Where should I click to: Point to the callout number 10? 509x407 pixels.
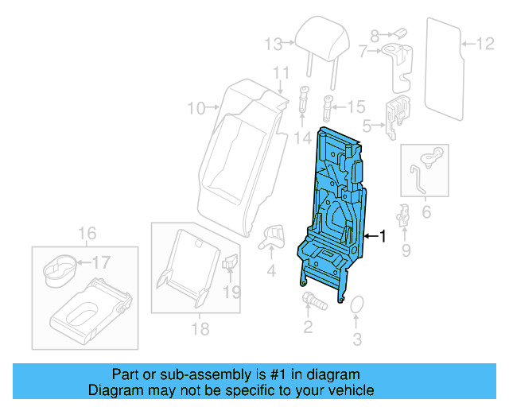[196, 107]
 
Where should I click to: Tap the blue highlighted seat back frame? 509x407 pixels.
[334, 207]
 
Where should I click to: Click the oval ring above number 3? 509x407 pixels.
[356, 305]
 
